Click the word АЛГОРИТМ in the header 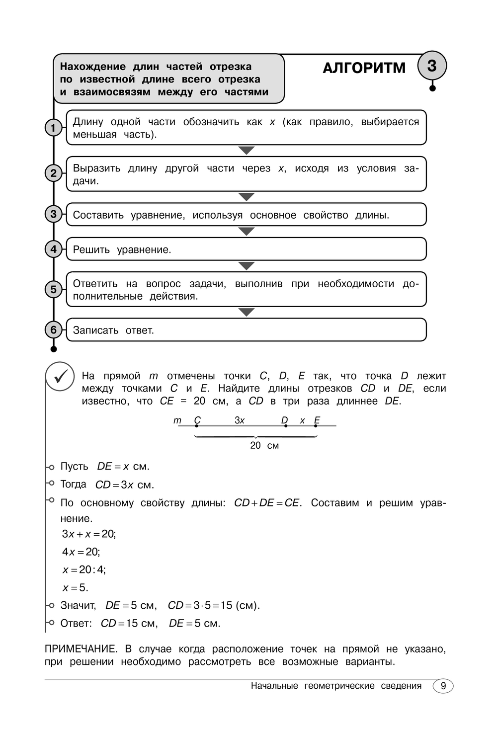[x=364, y=68]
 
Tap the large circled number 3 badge [x=431, y=66]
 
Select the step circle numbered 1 [x=53, y=128]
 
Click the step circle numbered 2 [x=53, y=173]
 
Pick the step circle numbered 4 [x=53, y=249]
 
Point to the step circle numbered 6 [x=53, y=329]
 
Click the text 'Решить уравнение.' [x=122, y=249]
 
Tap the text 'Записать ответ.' [x=113, y=330]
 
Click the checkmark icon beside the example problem [x=60, y=377]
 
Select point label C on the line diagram [x=197, y=420]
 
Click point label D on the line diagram [x=284, y=420]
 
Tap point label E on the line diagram [x=317, y=420]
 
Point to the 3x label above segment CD [x=240, y=420]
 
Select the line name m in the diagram [x=177, y=420]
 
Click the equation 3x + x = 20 [x=88, y=534]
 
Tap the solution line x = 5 [x=75, y=587]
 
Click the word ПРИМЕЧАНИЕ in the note [x=81, y=649]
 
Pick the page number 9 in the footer [x=443, y=686]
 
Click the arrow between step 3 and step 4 [x=247, y=231]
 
